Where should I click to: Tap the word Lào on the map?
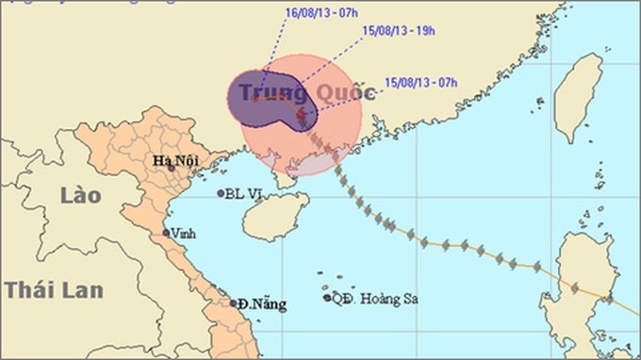[x=80, y=196]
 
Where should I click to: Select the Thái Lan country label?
[x=53, y=288]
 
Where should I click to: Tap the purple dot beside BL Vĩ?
[x=221, y=193]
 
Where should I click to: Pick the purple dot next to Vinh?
[x=166, y=233]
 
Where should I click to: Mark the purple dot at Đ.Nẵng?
[x=233, y=303]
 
